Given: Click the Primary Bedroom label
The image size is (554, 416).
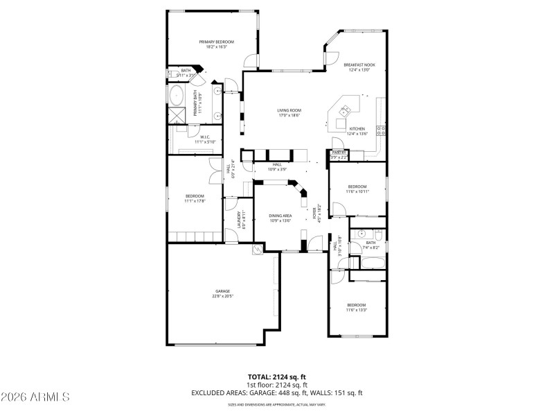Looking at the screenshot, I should click(x=216, y=42).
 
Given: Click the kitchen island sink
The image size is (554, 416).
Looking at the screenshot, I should click(x=344, y=108).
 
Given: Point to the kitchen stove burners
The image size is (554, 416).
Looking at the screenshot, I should click(x=380, y=129).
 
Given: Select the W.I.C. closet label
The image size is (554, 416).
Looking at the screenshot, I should click(x=205, y=137).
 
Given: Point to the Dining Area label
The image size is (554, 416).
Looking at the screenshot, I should click(x=280, y=216).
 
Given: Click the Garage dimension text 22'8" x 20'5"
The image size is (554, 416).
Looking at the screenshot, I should click(x=222, y=296).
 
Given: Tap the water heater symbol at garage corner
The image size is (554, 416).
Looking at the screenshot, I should click(x=258, y=250).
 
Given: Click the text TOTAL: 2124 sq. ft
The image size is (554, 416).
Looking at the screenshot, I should click(x=276, y=376).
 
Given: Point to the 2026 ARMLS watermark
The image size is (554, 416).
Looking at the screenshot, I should click(x=35, y=397).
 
